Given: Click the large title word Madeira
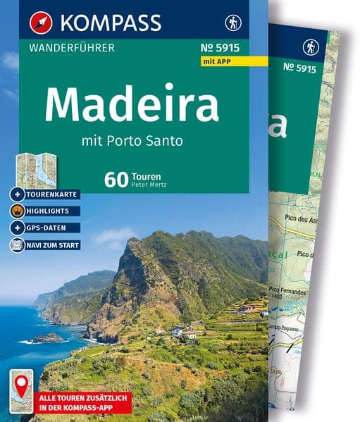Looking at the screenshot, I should (x=132, y=104).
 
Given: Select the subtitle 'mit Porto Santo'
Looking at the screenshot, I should (x=132, y=139).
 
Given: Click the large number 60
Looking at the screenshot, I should (x=116, y=179).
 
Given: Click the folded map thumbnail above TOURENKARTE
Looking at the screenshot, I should (x=37, y=169).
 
